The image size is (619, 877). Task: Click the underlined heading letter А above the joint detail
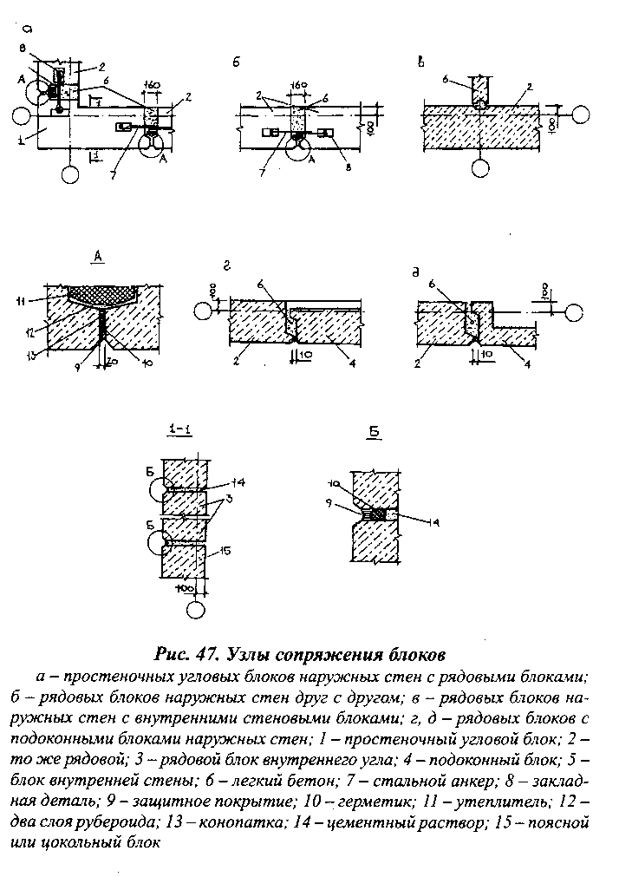click(x=99, y=256)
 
